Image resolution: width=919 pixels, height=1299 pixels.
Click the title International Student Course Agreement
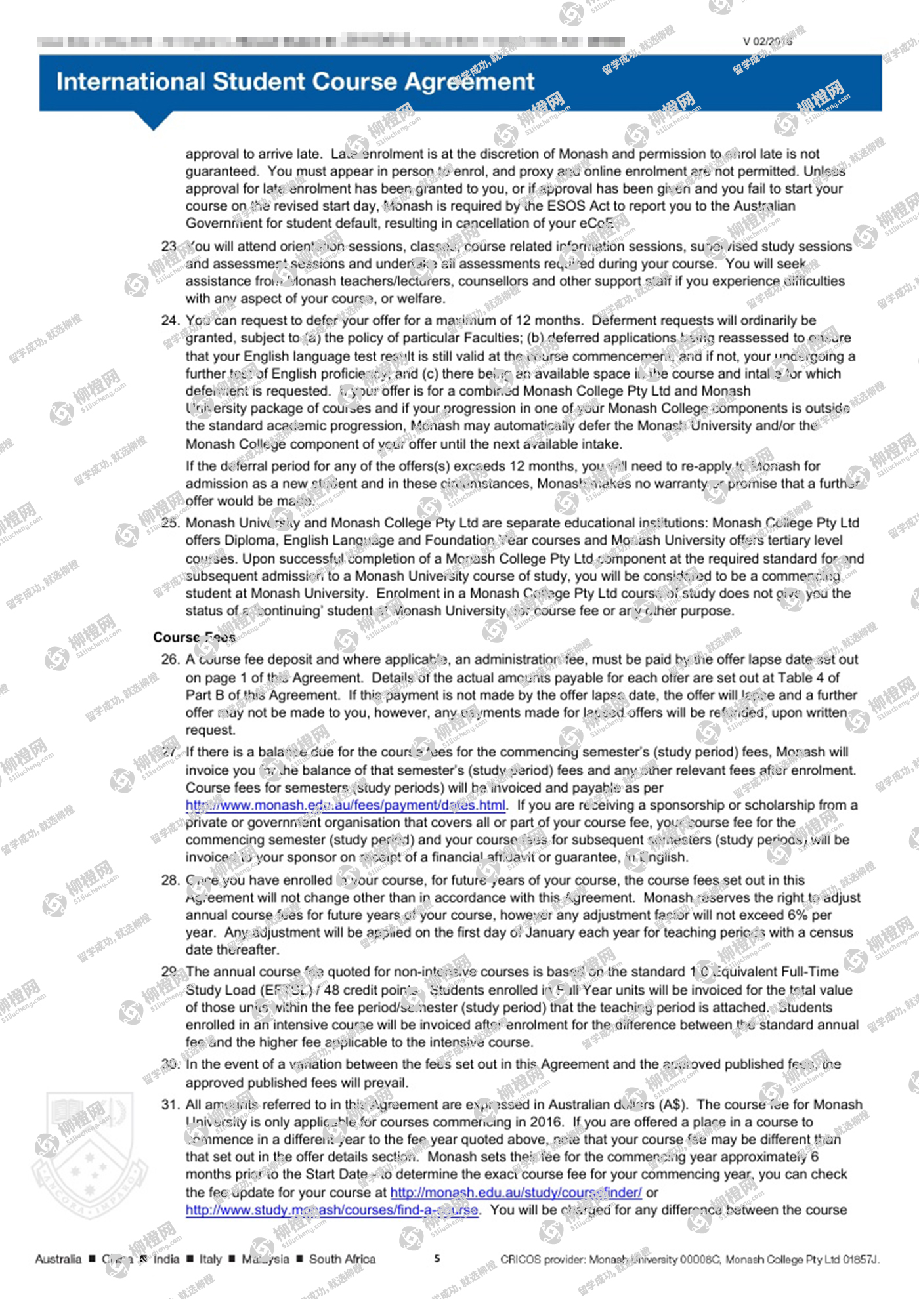[x=295, y=82]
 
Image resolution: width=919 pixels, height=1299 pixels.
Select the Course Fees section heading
[x=194, y=637]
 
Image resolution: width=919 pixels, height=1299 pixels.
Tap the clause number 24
[x=170, y=320]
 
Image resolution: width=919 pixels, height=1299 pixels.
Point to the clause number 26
[x=170, y=659]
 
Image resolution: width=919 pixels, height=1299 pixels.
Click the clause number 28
[x=170, y=880]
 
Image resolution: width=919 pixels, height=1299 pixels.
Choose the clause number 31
[x=170, y=1104]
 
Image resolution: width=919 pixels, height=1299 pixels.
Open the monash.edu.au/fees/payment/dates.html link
[x=345, y=805]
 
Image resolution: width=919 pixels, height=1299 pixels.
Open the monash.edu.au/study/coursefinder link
[x=516, y=1192]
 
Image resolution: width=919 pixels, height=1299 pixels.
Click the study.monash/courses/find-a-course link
[x=331, y=1210]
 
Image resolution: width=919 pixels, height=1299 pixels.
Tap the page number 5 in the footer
[x=437, y=1258]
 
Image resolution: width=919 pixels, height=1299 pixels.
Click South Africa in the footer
[x=342, y=1259]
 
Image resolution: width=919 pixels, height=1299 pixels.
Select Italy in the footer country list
[x=210, y=1259]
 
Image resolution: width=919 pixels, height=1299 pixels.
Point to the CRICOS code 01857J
[x=860, y=1259]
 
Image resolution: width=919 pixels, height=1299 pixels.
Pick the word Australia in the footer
[x=58, y=1259]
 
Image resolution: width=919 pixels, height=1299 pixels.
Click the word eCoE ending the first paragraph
[x=597, y=223]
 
